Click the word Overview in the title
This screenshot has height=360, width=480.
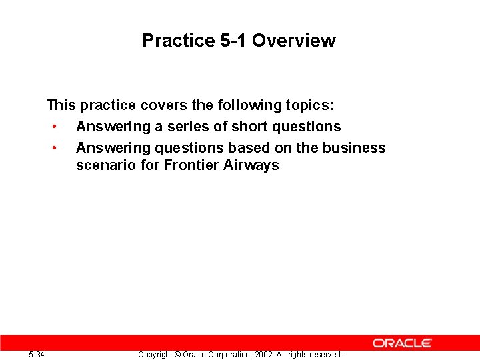(x=293, y=41)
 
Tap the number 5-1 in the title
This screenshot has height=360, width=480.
(x=233, y=41)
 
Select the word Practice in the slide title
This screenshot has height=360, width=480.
(x=178, y=41)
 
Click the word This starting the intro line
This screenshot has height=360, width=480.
(x=61, y=105)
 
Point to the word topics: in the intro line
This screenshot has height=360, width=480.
(x=309, y=105)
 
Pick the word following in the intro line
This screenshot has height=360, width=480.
(x=249, y=105)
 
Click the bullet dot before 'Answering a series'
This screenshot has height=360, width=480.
(x=53, y=127)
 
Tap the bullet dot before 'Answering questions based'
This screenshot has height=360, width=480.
(x=53, y=148)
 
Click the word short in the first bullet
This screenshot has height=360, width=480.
(x=248, y=127)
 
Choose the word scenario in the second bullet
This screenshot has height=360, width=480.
(x=106, y=165)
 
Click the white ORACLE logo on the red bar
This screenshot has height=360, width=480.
(x=402, y=343)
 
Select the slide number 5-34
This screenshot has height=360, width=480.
(x=37, y=355)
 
